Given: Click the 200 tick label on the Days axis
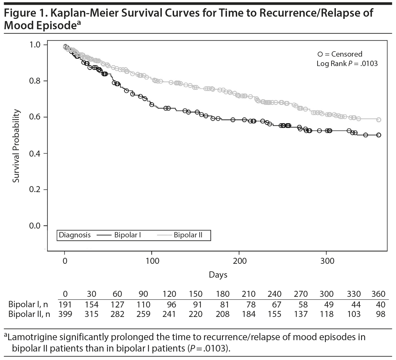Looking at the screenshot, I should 240,261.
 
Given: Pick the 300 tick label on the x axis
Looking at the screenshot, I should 327,261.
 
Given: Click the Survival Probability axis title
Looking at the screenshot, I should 16,146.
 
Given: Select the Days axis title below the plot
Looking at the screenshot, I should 218,275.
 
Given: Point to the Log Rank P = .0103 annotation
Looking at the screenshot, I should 347,64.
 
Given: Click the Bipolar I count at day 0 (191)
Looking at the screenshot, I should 65,305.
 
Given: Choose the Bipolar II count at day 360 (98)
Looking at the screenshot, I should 381,314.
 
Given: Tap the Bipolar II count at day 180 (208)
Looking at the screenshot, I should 222,314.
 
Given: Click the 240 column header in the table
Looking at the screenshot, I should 274,294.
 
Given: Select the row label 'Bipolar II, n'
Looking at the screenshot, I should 29,314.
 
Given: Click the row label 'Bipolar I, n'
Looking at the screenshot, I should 28,305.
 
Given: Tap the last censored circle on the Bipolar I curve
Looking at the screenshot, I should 379,135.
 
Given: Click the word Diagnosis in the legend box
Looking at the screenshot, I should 75,235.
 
